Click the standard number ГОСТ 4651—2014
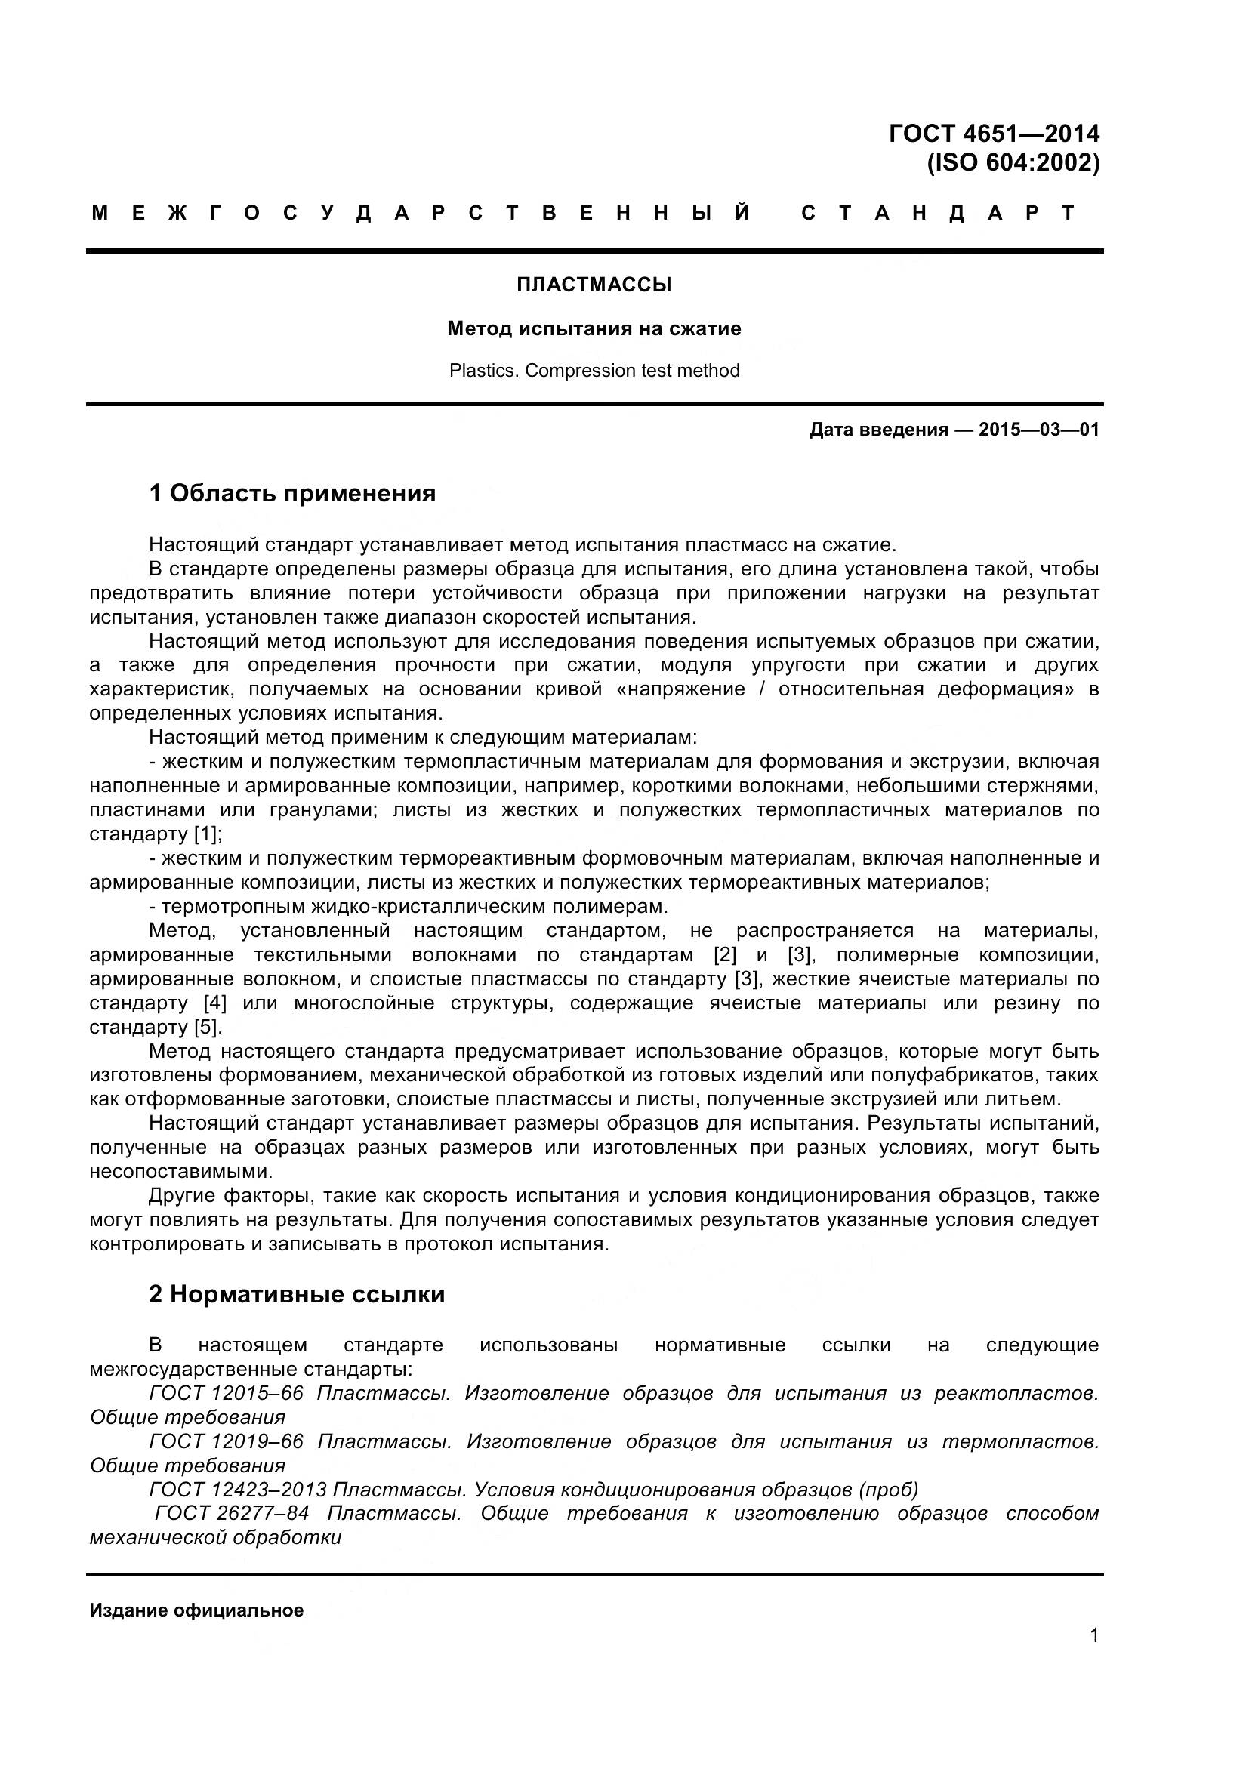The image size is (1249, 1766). (993, 134)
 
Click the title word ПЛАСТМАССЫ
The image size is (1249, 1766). (594, 285)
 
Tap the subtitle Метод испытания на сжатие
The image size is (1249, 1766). (594, 329)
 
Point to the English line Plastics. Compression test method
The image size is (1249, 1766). (594, 371)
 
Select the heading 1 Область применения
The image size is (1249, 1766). (292, 493)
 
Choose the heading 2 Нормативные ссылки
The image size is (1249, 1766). (297, 1295)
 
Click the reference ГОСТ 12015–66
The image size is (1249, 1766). (226, 1393)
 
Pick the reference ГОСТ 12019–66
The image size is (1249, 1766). (226, 1441)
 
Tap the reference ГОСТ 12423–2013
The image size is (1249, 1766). (238, 1490)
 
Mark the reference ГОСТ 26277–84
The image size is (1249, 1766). (232, 1514)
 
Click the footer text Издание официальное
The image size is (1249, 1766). (196, 1610)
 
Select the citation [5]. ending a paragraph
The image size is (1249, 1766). (208, 1027)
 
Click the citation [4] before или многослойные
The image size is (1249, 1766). (214, 1003)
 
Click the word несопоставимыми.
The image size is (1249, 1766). (180, 1172)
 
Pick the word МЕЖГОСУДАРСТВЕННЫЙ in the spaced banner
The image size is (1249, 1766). (421, 213)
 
